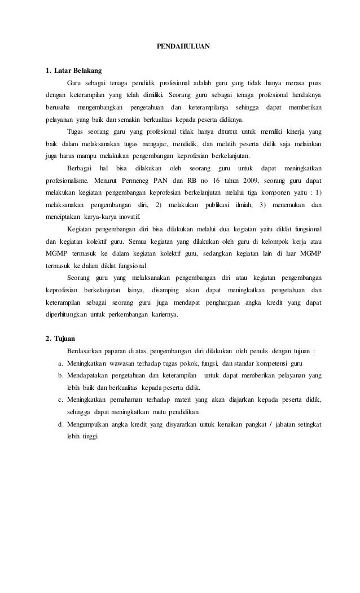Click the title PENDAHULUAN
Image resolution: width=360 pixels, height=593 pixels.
click(183, 45)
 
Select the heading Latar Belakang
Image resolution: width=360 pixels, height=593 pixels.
click(78, 71)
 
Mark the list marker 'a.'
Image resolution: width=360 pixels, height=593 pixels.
click(60, 363)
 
